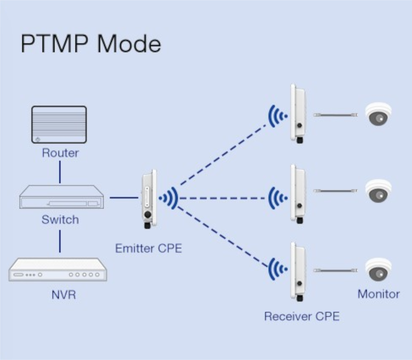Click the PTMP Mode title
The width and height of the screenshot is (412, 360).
(91, 43)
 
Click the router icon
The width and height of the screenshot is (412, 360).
(59, 124)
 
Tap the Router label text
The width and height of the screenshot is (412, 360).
(60, 153)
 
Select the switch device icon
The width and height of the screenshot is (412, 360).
(61, 197)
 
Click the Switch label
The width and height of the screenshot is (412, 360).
(60, 220)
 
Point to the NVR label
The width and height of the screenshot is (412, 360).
(64, 295)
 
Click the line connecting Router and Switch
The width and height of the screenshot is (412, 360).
(60, 172)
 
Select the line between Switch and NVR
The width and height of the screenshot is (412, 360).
(60, 241)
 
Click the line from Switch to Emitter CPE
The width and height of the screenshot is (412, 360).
(124, 197)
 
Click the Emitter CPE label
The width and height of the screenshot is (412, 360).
(148, 248)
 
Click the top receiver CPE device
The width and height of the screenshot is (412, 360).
(298, 113)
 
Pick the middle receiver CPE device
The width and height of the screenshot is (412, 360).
(298, 194)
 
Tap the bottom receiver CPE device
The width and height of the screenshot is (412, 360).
(298, 271)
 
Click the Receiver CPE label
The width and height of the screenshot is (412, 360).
(302, 316)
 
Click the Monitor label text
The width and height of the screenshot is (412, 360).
(378, 294)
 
